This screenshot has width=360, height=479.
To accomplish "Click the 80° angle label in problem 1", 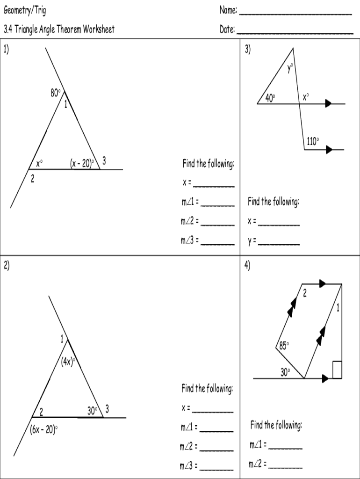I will pyautogui.click(x=56, y=93).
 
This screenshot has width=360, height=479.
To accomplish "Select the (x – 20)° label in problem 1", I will pyautogui.click(x=82, y=163).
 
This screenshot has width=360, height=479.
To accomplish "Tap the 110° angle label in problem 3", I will pyautogui.click(x=313, y=141).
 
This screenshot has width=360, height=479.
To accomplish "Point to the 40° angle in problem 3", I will pyautogui.click(x=270, y=98).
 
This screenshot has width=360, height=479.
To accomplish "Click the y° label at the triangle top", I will pyautogui.click(x=290, y=68).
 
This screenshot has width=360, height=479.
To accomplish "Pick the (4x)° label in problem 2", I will pyautogui.click(x=68, y=361).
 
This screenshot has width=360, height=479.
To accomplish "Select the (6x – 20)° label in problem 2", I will pyautogui.click(x=44, y=429).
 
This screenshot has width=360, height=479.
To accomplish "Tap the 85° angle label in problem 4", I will pyautogui.click(x=284, y=346).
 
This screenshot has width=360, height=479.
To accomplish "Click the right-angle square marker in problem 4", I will pyautogui.click(x=337, y=369).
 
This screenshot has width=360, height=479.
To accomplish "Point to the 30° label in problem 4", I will pyautogui.click(x=285, y=372).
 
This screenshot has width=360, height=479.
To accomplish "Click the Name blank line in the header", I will pyautogui.click(x=295, y=14).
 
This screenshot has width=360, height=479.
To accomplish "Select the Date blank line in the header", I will pyautogui.click(x=295, y=33).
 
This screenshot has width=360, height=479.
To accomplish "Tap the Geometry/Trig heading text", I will pyautogui.click(x=25, y=10).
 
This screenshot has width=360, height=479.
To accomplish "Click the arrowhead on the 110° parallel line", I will pyautogui.click(x=330, y=150).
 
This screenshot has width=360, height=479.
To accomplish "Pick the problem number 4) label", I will pyautogui.click(x=247, y=266).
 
